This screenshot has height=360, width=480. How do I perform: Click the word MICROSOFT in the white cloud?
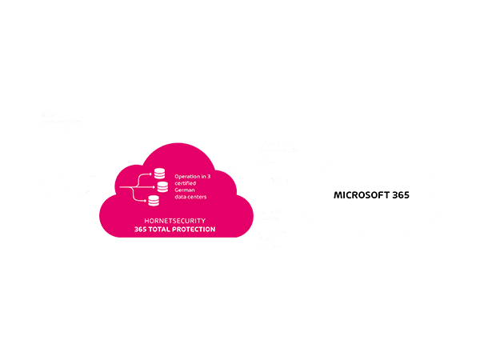360,195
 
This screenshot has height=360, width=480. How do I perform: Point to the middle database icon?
162,186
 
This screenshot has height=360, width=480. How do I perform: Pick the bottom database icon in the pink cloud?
152,202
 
